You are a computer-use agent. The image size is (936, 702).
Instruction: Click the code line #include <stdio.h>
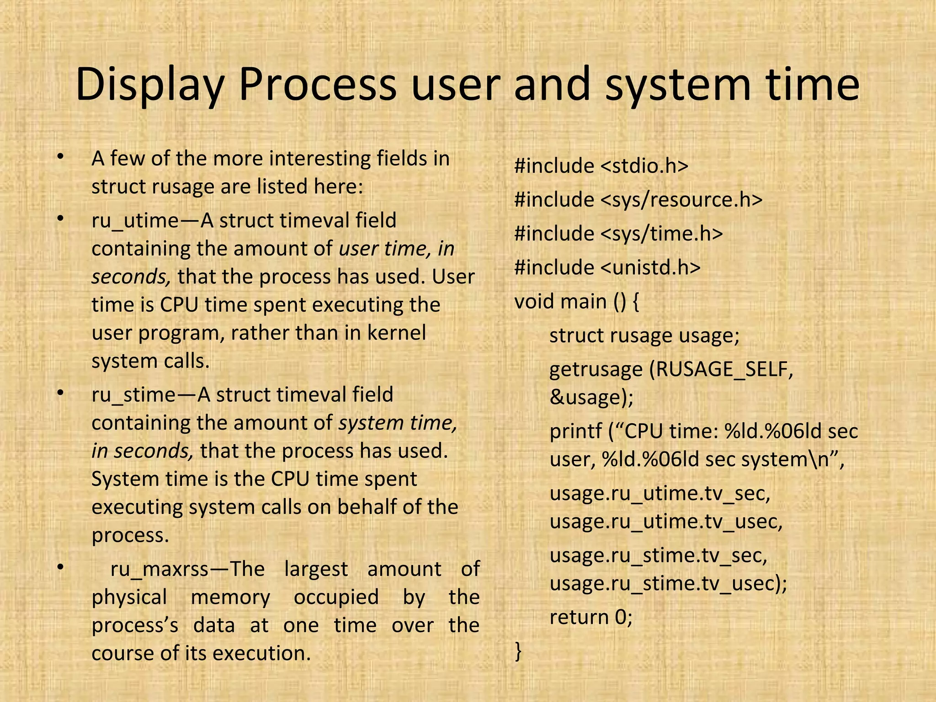tap(601, 165)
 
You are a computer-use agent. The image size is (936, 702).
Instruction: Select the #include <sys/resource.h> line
tap(638, 200)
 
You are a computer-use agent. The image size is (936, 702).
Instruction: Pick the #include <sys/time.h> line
tap(618, 234)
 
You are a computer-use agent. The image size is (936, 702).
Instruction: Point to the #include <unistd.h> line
tap(607, 267)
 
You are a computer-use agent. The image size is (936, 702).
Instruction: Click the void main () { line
tap(576, 302)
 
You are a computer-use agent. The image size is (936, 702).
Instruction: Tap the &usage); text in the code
tap(591, 397)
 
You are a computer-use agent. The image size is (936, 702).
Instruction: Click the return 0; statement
tap(591, 617)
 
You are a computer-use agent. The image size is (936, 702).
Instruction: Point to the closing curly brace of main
tap(518, 651)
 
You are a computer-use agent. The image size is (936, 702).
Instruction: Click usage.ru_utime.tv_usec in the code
tap(666, 521)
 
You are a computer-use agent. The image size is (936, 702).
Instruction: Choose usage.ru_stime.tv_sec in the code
tap(659, 555)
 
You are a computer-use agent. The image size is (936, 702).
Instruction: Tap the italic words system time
tap(398, 423)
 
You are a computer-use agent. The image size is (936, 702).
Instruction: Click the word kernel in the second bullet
tap(397, 333)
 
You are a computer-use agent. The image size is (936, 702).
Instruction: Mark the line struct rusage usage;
tap(644, 335)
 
